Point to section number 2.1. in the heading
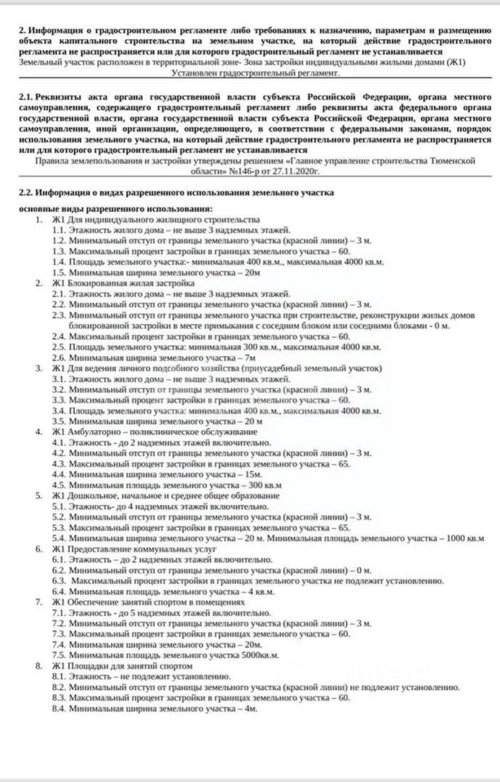tap(29, 96)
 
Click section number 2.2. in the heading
tap(29, 192)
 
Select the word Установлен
tap(197, 72)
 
